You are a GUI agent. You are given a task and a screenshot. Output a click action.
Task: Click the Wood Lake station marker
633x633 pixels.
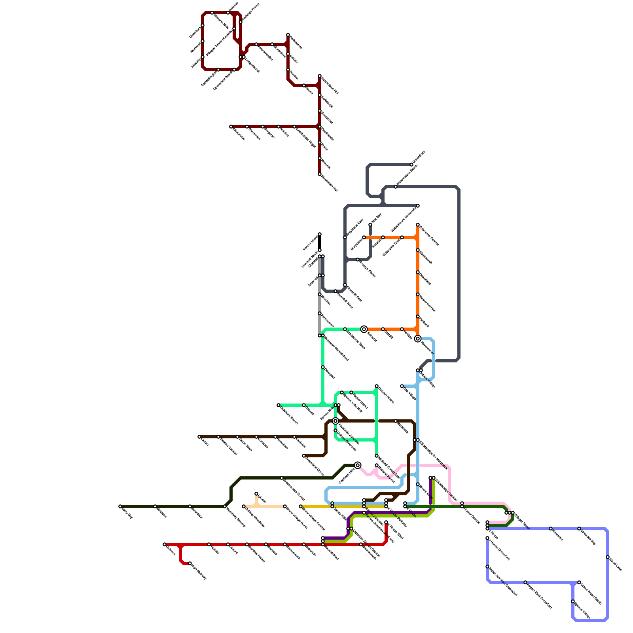point(608,557)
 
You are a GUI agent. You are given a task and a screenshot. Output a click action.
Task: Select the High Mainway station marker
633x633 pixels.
point(190,563)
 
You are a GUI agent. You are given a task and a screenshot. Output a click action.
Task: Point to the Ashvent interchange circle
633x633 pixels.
point(364,329)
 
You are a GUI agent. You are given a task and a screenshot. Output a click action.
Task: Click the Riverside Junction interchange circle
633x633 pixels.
point(335,421)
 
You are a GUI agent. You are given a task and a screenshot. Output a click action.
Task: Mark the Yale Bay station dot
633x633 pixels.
point(370,225)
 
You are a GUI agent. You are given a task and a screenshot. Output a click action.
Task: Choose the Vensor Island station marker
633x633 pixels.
point(320,234)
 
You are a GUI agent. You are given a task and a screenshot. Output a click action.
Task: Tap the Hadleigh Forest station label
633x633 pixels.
point(250,12)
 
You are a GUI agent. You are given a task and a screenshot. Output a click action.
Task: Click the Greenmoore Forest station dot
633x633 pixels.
point(282,478)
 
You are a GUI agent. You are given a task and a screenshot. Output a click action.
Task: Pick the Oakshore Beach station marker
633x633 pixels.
point(279,405)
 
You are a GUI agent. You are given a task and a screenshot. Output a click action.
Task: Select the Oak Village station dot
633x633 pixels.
point(402,386)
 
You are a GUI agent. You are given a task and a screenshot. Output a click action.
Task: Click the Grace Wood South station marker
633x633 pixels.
point(579,582)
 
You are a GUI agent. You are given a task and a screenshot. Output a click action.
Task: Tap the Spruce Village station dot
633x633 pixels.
point(573,601)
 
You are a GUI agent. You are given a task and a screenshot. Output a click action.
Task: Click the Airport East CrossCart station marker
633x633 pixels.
point(525,582)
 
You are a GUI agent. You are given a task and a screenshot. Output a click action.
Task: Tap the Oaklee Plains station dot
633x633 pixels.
point(377,386)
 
